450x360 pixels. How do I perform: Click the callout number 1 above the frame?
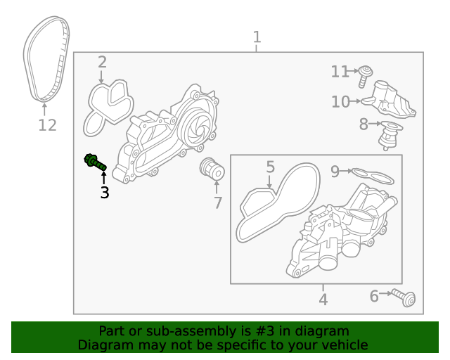click(257, 37)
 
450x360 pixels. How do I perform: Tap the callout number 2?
click(102, 62)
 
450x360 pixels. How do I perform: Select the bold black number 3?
click(104, 192)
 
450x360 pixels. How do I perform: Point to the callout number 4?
click(323, 300)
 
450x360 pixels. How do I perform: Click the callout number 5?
click(270, 167)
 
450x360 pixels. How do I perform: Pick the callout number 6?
click(374, 296)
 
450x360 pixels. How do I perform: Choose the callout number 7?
click(218, 203)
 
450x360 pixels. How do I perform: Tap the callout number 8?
click(363, 124)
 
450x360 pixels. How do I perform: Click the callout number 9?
click(335, 170)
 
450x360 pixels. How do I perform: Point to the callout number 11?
click(340, 71)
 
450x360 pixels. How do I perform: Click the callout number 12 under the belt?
click(46, 126)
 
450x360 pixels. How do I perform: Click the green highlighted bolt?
click(94, 161)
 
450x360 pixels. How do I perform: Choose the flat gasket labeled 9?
click(373, 175)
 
